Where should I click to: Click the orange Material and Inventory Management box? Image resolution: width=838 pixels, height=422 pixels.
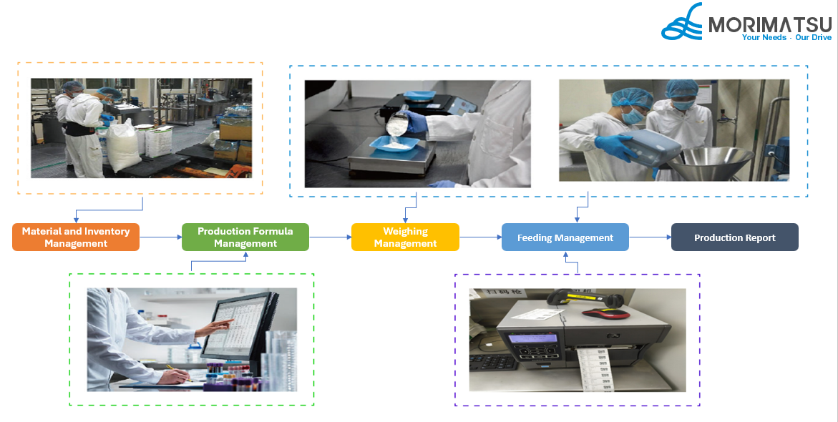click(x=75, y=237)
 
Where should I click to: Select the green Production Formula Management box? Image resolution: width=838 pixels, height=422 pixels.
click(x=245, y=237)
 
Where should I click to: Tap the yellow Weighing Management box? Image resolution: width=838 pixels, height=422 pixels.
click(x=405, y=237)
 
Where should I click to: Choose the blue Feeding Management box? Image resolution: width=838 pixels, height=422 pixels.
click(x=565, y=237)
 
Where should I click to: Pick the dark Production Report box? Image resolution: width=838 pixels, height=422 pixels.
click(x=734, y=237)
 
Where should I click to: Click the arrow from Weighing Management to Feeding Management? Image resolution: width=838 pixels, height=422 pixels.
click(x=479, y=237)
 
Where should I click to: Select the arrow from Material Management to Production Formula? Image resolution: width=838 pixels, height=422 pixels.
click(x=160, y=237)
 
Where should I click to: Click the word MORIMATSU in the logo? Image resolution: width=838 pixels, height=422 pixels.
click(x=769, y=25)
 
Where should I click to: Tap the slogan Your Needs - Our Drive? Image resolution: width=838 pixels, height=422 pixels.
click(x=786, y=37)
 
